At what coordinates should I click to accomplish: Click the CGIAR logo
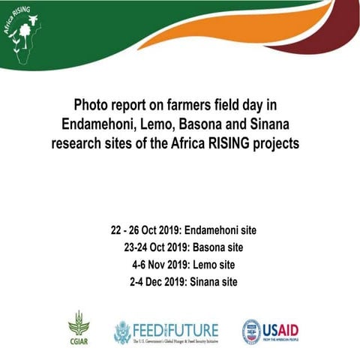78,328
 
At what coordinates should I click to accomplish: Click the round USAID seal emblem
251,331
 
